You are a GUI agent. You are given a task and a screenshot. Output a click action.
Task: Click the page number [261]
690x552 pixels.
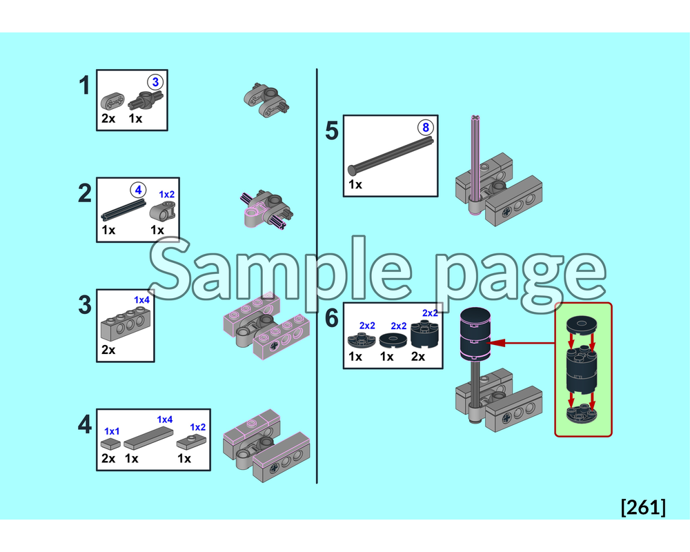643,507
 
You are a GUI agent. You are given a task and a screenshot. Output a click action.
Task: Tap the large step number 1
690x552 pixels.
84,87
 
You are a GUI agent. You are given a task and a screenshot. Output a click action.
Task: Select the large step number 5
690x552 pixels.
332,130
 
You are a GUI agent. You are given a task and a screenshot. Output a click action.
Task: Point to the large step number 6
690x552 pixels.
332,319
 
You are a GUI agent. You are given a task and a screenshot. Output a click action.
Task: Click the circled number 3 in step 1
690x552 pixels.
155,82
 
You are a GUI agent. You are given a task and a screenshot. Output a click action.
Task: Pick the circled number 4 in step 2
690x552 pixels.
138,188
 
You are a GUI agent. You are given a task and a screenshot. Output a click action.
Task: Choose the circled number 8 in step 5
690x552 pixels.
425,128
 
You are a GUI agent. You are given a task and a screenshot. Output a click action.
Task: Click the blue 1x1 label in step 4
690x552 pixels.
112,431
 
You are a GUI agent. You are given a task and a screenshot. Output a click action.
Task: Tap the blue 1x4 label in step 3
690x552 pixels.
142,300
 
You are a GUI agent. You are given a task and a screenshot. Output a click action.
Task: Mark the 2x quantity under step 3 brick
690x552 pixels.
108,350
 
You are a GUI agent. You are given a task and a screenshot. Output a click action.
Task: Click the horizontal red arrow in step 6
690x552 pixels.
521,341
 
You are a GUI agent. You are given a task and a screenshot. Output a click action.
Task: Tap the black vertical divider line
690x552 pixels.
317,276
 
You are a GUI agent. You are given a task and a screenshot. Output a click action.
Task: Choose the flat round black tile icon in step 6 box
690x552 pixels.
393,339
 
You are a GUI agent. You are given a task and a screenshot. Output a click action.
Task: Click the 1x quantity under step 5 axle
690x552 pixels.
355,185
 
